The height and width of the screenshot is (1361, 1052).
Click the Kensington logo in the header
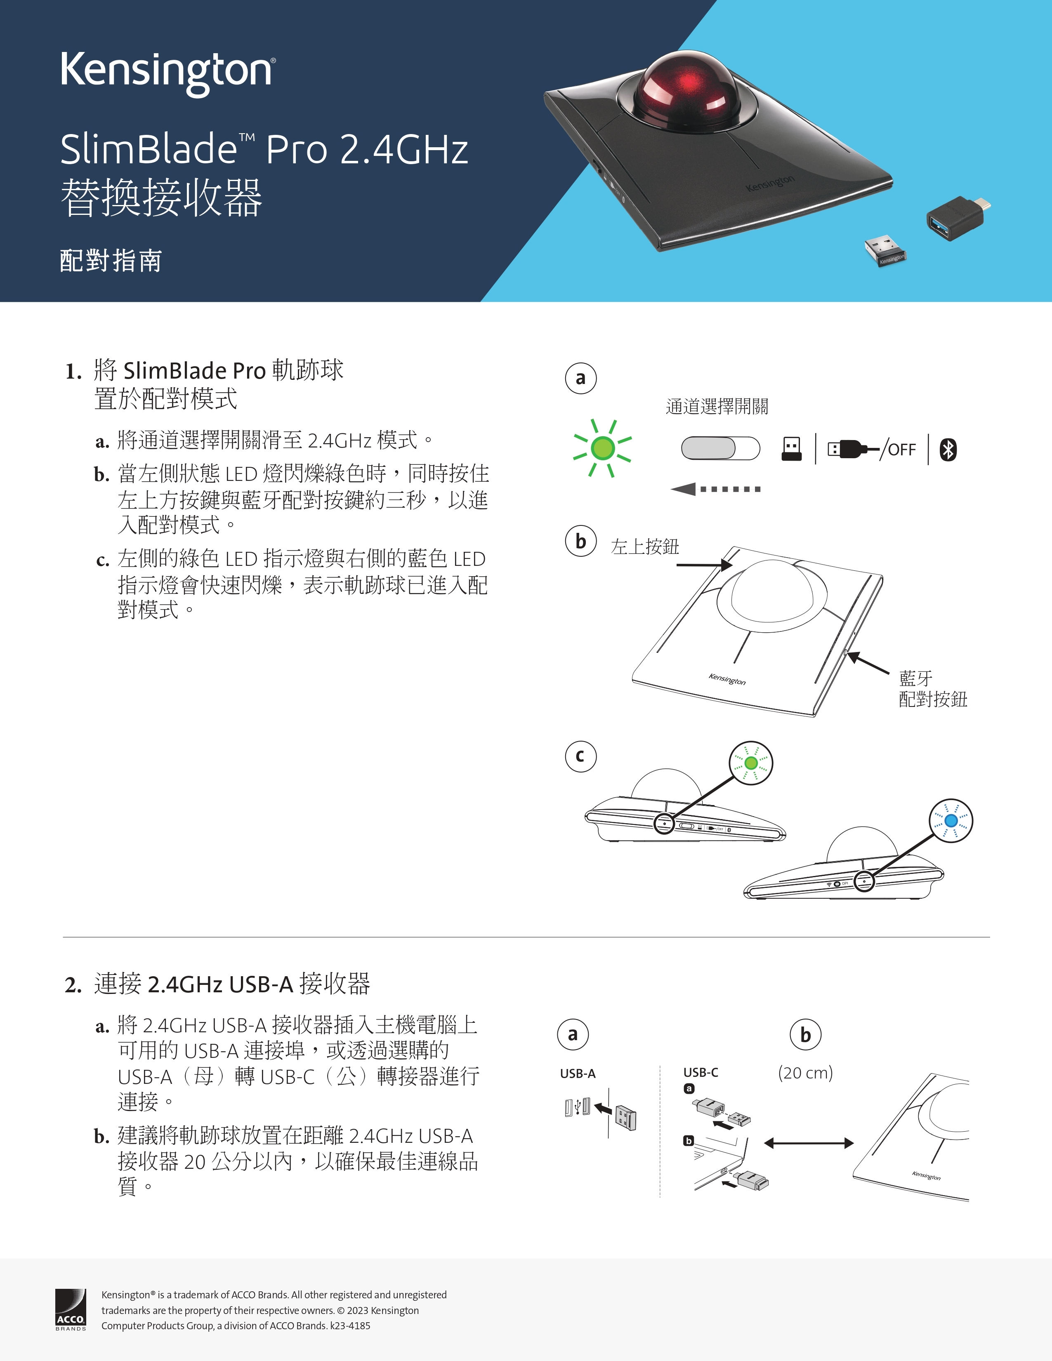(x=167, y=73)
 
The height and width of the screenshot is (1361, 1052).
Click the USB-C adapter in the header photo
(x=958, y=217)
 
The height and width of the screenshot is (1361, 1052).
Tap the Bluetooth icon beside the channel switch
(x=948, y=449)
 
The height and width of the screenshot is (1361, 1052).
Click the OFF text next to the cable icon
(x=902, y=449)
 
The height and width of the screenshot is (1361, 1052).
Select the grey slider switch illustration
(x=720, y=448)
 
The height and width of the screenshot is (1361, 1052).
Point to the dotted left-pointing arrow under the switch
(x=715, y=489)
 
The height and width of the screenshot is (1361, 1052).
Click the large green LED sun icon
(x=603, y=448)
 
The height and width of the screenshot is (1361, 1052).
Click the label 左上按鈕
(x=645, y=546)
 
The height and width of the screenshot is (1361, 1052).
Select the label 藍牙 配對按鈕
(x=933, y=689)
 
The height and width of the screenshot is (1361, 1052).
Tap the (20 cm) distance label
(x=805, y=1072)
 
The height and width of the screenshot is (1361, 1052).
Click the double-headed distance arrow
(x=808, y=1143)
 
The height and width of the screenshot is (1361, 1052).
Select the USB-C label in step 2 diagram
(x=701, y=1072)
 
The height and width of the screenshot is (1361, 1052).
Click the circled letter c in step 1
(x=581, y=756)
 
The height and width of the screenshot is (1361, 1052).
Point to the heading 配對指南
(x=111, y=261)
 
